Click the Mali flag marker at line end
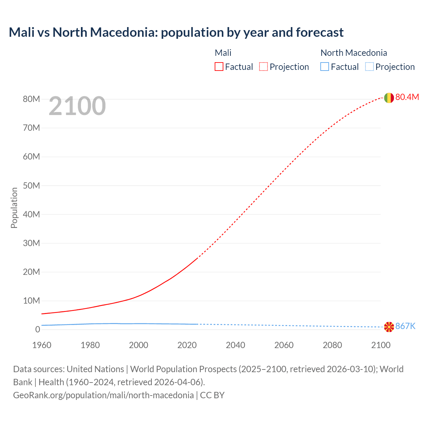coord(389,98)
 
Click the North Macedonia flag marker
coord(389,327)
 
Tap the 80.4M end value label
coord(407,97)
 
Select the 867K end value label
coord(405,326)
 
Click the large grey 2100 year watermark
coord(77,106)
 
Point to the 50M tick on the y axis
coord(31,186)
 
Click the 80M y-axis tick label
coord(31,99)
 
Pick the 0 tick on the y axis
coord(37,329)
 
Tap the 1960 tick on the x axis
coord(42,345)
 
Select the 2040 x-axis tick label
coord(235,345)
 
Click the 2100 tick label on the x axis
coord(381,345)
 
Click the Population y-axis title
coord(14,208)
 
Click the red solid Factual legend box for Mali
coord(219,67)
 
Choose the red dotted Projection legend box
coord(263,67)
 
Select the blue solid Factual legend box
coord(325,67)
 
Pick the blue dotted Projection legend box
coord(369,67)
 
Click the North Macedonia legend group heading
coord(353,53)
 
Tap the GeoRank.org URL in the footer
coord(103,395)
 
